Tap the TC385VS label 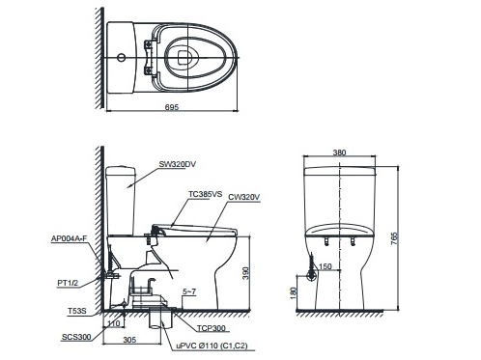pos(206,194)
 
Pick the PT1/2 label pos(67,282)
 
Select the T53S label pos(76,311)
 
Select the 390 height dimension pos(244,275)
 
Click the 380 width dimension pos(339,152)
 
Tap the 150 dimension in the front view pos(325,267)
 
